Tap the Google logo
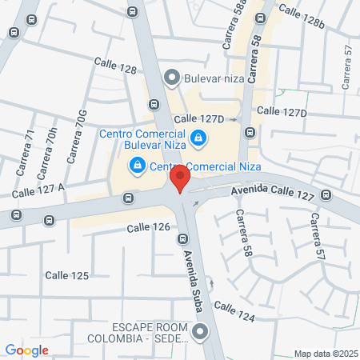(x=27, y=350)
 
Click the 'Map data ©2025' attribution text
(x=323, y=354)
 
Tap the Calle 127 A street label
(x=38, y=190)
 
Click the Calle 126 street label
(x=148, y=227)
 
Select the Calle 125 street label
(x=66, y=274)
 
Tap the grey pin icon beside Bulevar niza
(x=170, y=78)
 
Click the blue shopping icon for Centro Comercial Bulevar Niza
(x=198, y=140)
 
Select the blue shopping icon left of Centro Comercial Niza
(x=138, y=166)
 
